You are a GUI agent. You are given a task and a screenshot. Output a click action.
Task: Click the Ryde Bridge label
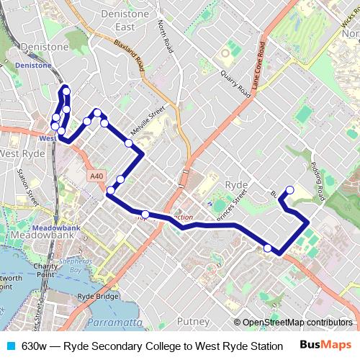97,296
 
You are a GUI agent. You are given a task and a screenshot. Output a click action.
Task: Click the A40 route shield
97,176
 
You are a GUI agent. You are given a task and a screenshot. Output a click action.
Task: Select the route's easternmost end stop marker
290,190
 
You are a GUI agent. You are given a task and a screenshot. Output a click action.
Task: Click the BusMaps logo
325,346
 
